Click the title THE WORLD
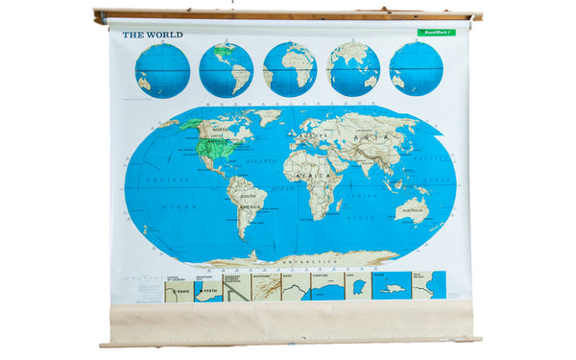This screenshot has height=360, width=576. [152, 35]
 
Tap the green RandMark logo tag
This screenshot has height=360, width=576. [432, 33]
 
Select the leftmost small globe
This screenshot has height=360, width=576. [162, 70]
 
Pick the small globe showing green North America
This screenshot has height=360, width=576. [226, 70]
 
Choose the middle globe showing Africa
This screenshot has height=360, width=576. [289, 69]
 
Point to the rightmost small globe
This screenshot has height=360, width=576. [416, 69]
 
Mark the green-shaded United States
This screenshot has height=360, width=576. [217, 148]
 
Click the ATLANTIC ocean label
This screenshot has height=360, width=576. [261, 160]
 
